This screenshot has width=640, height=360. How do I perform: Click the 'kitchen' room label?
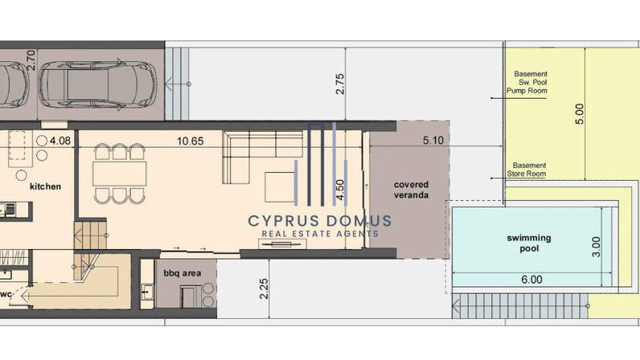click(x=45, y=186)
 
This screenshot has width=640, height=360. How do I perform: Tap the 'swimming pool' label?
click(x=528, y=243)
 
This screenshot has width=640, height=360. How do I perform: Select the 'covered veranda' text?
click(x=411, y=190)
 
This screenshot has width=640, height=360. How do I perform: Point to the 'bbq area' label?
click(x=182, y=273)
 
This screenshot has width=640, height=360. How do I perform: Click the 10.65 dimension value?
click(x=191, y=141)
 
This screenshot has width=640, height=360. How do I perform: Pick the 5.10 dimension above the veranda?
click(x=433, y=141)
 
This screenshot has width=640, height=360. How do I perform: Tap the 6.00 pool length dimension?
click(x=531, y=280)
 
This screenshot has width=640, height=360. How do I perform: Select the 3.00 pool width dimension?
click(x=596, y=247)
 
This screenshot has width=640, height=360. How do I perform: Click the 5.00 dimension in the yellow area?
click(x=579, y=114)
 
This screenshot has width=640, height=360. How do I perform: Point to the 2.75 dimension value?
click(x=339, y=84)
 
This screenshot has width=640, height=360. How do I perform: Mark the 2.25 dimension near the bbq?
click(x=264, y=288)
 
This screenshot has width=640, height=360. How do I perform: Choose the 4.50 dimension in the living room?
click(x=339, y=190)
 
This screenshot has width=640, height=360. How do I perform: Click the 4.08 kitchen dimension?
click(x=60, y=141)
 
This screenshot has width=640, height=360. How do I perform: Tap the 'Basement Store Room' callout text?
click(x=527, y=170)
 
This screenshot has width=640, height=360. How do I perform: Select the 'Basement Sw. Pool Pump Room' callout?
click(x=527, y=82)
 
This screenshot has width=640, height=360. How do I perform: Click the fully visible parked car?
click(x=98, y=85)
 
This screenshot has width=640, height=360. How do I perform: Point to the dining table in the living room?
click(x=120, y=174)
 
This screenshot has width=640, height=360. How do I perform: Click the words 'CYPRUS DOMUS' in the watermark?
click(x=319, y=221)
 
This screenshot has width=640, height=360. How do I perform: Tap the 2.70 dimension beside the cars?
click(x=31, y=60)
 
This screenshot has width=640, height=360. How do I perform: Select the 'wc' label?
click(x=6, y=294)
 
